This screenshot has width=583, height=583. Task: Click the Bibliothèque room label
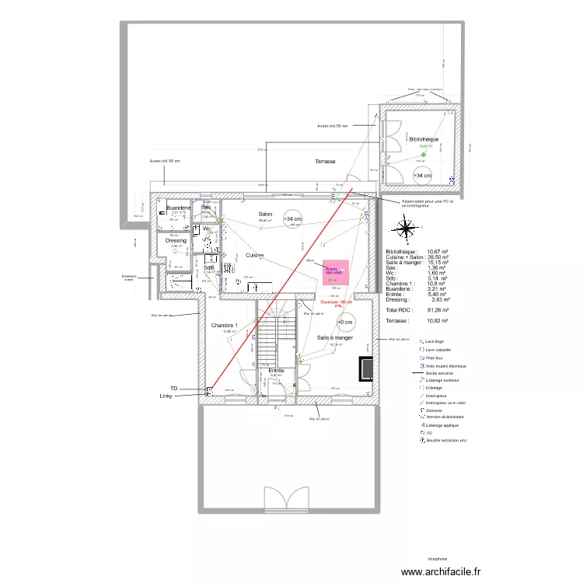424,139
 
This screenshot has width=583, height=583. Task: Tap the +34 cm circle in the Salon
292,220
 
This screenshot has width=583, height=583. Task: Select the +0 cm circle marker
344,322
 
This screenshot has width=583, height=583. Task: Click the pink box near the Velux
336,273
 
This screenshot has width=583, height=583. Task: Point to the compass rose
406,229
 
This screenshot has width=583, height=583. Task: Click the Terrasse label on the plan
325,162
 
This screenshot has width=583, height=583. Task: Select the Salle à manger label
335,338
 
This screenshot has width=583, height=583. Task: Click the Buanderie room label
179,208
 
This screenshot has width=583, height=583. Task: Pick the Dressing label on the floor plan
176,241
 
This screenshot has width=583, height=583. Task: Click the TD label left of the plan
175,387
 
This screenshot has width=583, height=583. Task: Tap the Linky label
166,396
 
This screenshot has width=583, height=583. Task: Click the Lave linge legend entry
435,340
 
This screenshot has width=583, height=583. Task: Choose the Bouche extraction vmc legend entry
446,441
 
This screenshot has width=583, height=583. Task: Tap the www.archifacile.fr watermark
442,571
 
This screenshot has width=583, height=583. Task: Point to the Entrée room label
276,371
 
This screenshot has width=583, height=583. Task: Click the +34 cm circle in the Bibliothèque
423,176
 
